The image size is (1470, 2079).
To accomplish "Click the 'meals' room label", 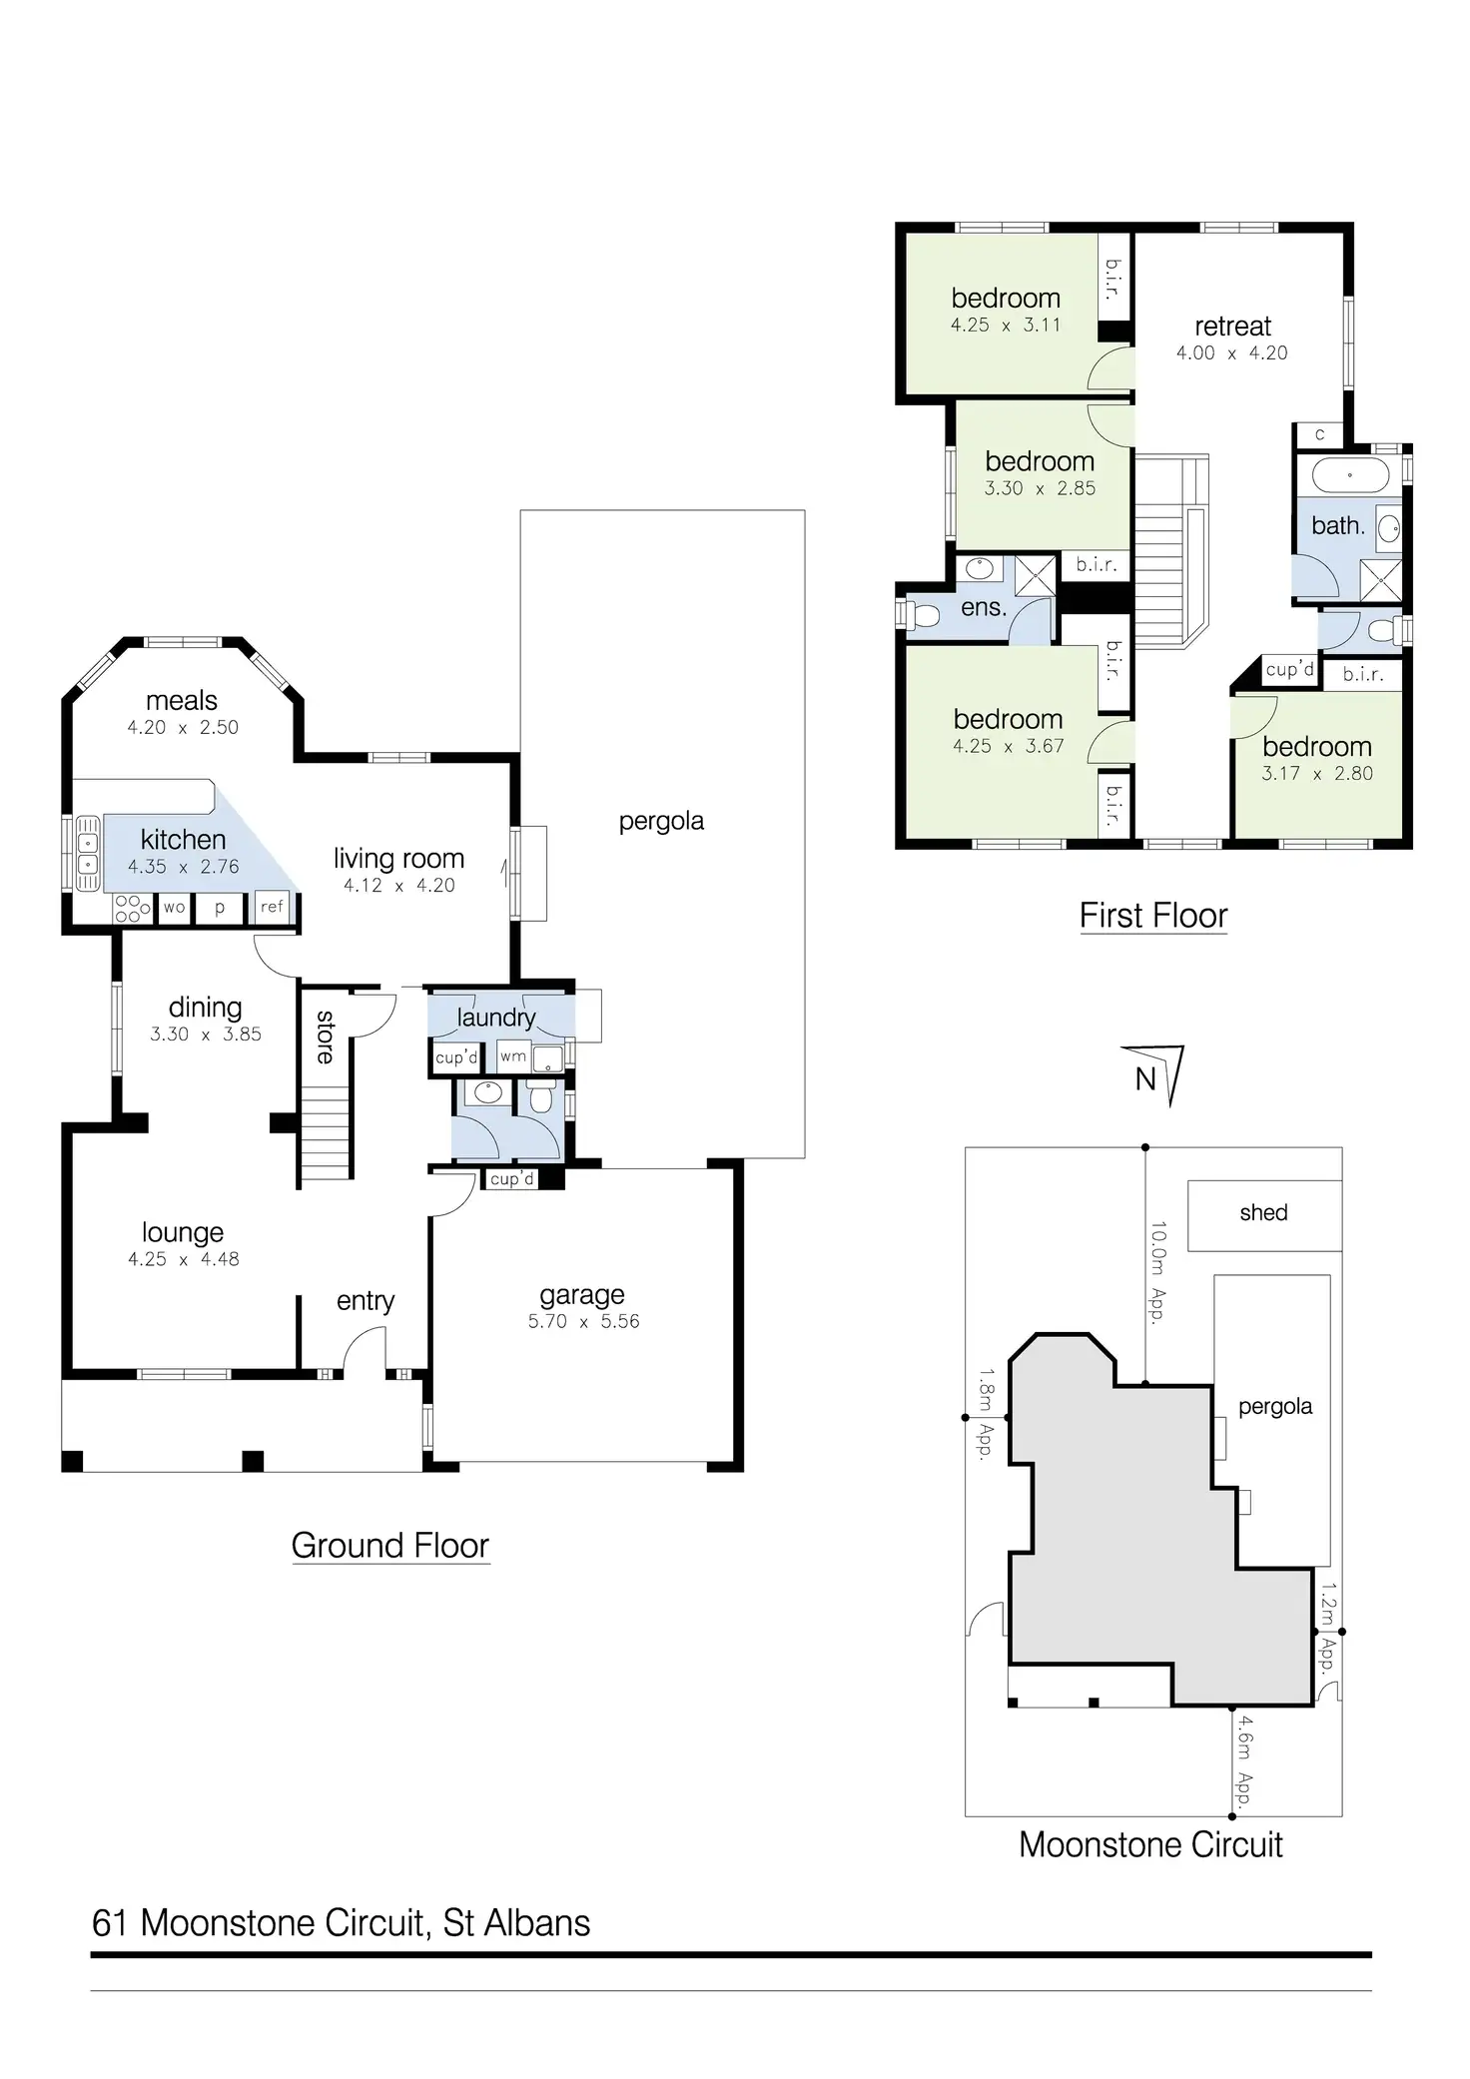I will click(x=182, y=701).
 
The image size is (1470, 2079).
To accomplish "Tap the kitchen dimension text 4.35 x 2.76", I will click(x=184, y=867).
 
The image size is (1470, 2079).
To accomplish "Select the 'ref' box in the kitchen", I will click(x=272, y=907).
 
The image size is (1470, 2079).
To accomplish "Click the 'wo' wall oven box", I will click(x=174, y=908).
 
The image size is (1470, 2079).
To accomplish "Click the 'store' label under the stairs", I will click(x=326, y=1037).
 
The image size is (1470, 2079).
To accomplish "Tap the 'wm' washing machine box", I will click(x=513, y=1056).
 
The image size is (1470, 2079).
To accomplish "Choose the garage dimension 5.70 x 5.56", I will click(x=583, y=1321).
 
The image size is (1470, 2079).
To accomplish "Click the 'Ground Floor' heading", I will click(x=390, y=1546).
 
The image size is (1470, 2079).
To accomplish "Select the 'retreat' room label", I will click(x=1232, y=327).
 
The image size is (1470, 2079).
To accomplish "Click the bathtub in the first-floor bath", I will click(x=1349, y=475).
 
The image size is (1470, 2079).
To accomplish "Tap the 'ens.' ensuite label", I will click(x=984, y=607).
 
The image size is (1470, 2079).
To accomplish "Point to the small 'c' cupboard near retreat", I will click(x=1319, y=434).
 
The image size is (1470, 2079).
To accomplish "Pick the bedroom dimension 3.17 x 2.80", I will click(x=1316, y=773).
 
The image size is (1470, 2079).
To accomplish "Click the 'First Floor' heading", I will click(x=1153, y=916).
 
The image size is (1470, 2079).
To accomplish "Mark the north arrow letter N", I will click(x=1145, y=1079).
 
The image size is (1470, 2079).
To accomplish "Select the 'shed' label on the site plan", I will click(x=1263, y=1212).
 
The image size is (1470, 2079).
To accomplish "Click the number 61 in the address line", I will click(x=111, y=1923).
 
